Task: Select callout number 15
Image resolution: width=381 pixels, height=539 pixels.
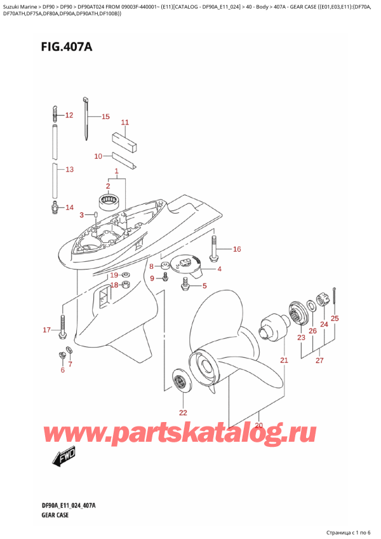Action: [105, 116]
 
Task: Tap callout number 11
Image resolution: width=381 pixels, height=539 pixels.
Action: [124, 122]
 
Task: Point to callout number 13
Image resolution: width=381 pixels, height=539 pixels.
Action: [69, 169]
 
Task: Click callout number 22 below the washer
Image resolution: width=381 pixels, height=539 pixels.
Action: [184, 412]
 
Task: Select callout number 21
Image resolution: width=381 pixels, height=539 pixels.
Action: [284, 360]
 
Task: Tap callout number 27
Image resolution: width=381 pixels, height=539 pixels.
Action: [319, 360]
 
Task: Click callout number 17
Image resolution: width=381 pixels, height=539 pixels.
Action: [46, 330]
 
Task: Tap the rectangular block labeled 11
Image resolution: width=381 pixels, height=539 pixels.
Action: [124, 140]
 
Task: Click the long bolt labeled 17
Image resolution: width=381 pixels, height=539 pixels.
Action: [62, 325]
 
